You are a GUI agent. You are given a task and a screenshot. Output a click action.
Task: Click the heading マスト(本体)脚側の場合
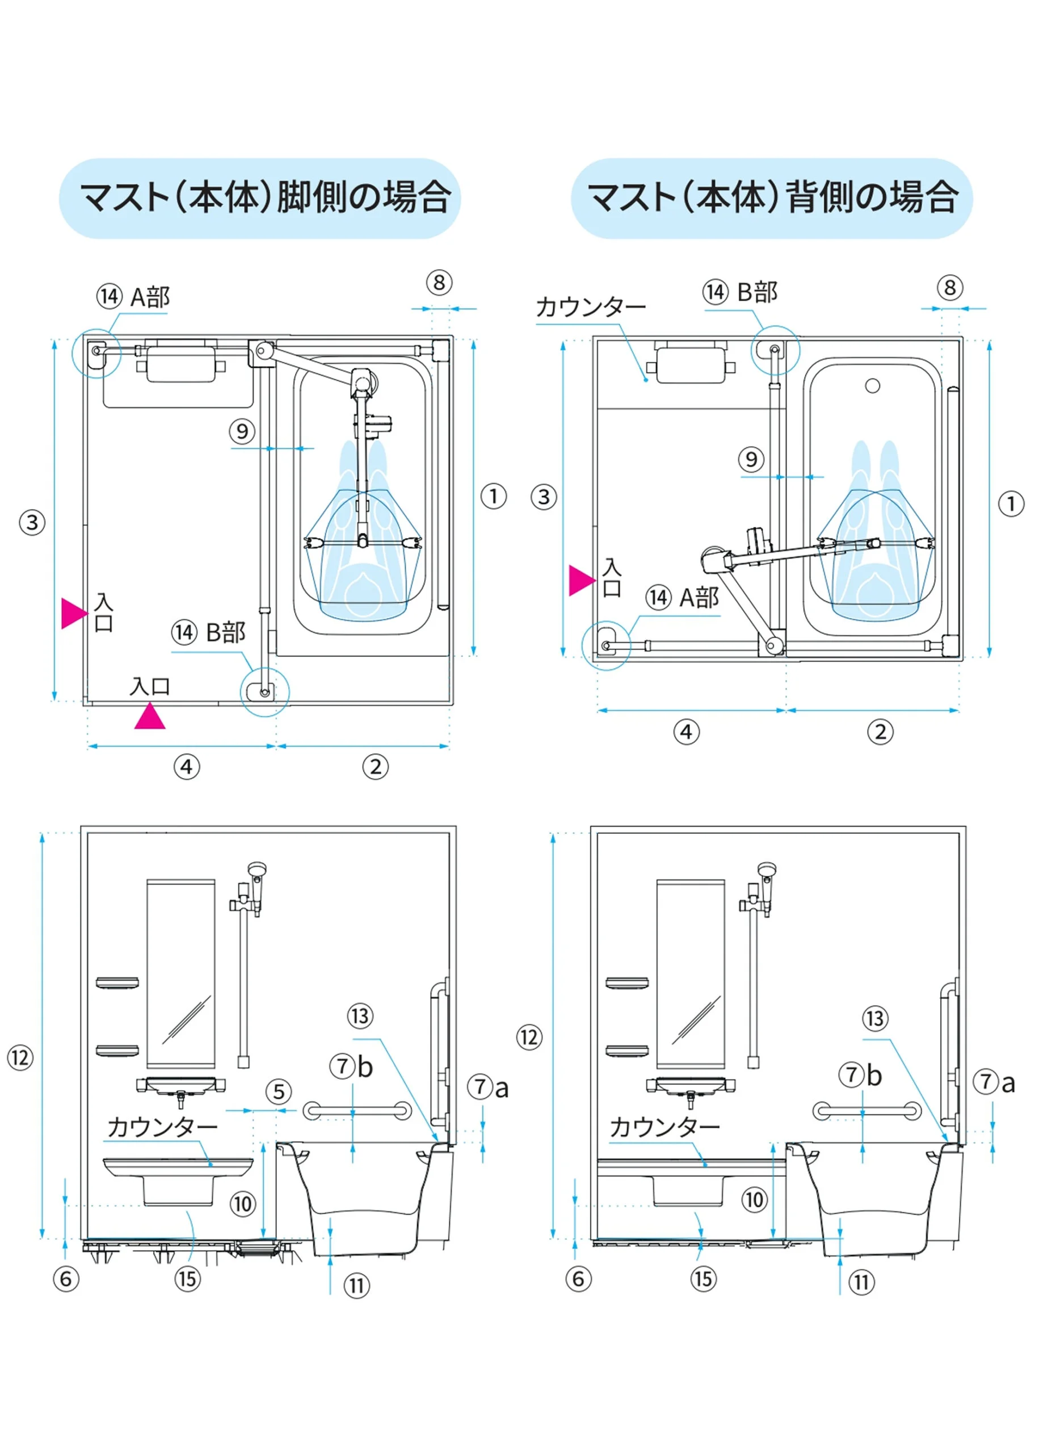coord(265,197)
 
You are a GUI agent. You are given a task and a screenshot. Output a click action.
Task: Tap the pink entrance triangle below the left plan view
coord(150,717)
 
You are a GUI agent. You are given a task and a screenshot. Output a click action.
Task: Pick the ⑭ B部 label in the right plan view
coord(739,292)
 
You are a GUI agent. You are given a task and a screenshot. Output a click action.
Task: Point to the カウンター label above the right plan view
coord(591,308)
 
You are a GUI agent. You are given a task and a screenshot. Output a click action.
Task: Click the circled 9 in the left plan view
coord(242,431)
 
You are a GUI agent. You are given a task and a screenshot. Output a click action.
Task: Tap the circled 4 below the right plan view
coord(687,731)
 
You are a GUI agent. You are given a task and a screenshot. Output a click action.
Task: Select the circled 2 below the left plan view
coord(376,766)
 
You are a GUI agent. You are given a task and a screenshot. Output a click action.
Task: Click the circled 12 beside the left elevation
coord(20,1058)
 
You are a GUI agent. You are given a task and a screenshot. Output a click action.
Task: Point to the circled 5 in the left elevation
coord(278,1092)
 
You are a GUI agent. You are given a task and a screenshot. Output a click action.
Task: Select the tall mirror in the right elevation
coord(691,973)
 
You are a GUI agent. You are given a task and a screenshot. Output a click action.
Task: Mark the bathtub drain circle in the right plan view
coord(872,386)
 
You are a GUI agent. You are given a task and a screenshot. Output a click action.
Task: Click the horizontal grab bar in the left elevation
coord(357,1111)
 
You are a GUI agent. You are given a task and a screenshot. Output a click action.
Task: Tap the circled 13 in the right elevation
coord(874,1019)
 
